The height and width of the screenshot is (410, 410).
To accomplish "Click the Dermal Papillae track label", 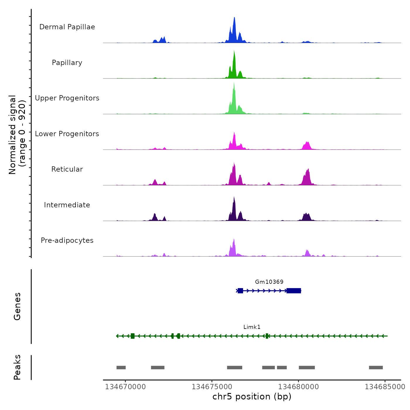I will coord(67,27).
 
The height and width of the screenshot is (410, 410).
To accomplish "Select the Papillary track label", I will coord(67,63).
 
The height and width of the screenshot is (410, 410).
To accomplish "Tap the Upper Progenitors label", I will coord(67,98).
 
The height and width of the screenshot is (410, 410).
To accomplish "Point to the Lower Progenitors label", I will coord(67,134).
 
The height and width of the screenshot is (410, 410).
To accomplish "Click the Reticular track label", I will coord(67,169).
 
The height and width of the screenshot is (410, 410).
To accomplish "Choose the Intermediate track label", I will coord(67,205).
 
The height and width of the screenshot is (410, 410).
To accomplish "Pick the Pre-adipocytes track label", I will coord(67,240).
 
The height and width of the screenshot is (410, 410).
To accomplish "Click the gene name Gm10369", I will coord(269,282).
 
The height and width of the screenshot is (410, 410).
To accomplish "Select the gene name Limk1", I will coord(252,327).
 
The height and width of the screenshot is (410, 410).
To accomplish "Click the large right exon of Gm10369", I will coord(294,291).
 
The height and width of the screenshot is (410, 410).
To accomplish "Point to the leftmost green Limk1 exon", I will coord(133,336).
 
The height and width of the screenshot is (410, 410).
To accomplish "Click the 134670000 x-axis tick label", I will coord(125,387).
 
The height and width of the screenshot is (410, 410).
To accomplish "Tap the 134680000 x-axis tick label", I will coord(298,387).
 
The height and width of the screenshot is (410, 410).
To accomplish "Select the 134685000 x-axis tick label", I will coord(385,387).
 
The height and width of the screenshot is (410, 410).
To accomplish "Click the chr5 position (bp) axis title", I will coord(252,397).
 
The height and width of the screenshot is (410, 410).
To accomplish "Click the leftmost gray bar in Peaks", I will coord(121,368).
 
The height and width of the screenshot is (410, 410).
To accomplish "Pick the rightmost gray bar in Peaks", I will coord(376,368).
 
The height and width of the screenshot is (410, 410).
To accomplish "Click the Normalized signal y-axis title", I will coord(17,135).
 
